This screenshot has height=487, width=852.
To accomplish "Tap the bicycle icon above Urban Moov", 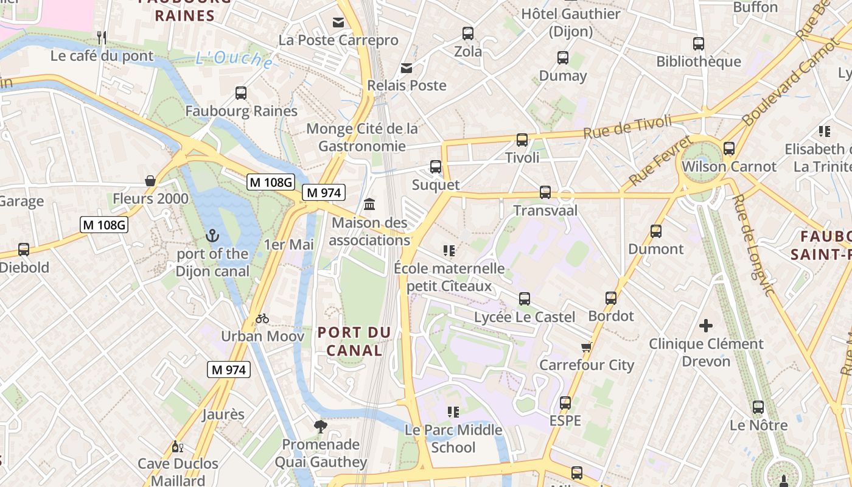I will (262, 318).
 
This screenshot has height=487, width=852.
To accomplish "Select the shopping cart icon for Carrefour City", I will (586, 347).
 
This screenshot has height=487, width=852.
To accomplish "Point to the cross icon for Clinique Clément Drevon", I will (706, 326).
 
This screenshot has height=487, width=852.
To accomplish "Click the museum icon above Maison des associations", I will (369, 204).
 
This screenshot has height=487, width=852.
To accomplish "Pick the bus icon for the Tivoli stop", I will (522, 140).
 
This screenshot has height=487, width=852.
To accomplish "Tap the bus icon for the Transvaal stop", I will (545, 192).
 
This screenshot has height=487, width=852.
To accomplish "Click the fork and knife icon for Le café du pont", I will (102, 38).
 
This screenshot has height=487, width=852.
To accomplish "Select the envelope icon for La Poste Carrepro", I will (338, 23).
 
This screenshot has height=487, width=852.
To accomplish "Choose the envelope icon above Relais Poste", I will (407, 68).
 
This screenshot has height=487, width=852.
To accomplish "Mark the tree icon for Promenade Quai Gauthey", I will (321, 427).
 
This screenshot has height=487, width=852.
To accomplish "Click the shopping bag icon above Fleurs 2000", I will (150, 181).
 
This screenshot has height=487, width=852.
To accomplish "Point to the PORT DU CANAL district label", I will (354, 341).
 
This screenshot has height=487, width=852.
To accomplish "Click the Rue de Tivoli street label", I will (627, 126).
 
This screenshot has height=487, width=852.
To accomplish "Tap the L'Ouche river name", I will (234, 59).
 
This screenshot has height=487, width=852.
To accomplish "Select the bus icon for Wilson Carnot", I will (729, 149).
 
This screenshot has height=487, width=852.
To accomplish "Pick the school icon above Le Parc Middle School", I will (453, 412).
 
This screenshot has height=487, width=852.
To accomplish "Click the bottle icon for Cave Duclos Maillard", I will (177, 446).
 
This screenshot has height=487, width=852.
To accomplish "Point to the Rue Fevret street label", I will (660, 161).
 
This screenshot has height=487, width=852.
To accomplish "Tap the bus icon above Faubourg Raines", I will (241, 93).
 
